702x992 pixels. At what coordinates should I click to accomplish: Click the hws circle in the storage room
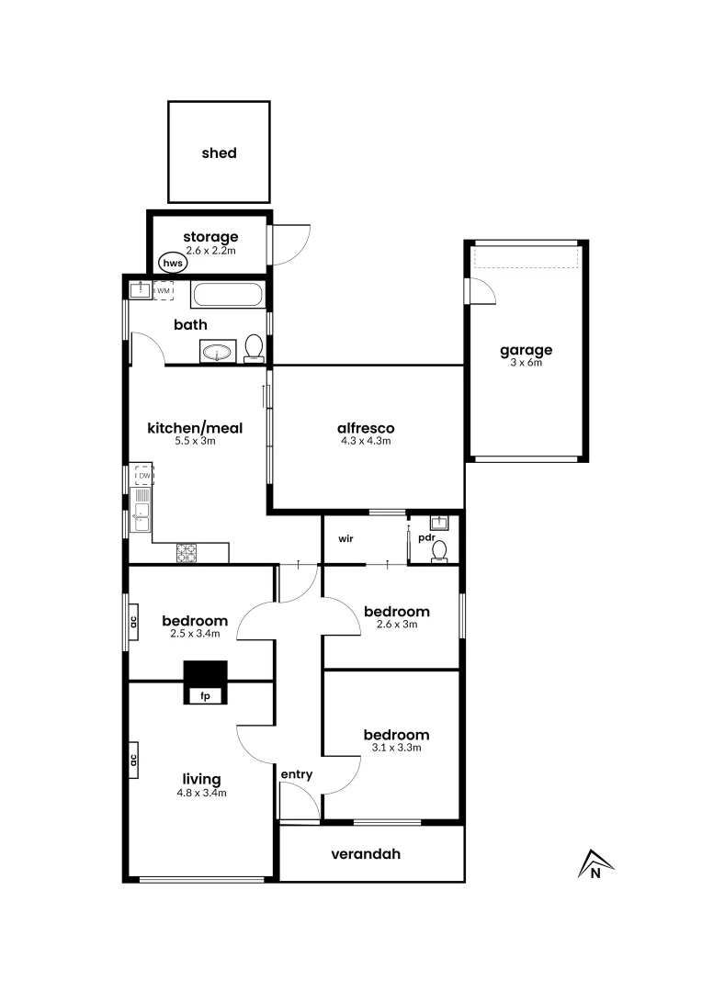pos(172,262)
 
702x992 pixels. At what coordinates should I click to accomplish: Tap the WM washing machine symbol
pos(164,291)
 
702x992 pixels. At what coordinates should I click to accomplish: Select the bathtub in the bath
pos(227,295)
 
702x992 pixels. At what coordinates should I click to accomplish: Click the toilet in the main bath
pos(254,348)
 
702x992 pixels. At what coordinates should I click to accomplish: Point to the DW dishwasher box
pos(143,475)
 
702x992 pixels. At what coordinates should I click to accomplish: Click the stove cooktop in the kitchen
pos(187,552)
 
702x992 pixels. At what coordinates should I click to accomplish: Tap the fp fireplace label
pos(205,696)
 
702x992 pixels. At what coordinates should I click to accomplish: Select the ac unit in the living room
pos(133,760)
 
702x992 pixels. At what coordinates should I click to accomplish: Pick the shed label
pos(219,153)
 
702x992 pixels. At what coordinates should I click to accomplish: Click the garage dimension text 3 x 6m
pos(526,363)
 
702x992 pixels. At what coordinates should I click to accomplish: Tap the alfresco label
pos(366,427)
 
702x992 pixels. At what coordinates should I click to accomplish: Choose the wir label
pos(346,538)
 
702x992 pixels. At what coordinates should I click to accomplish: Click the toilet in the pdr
pos(440,550)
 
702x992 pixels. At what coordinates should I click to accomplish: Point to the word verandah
pos(366,854)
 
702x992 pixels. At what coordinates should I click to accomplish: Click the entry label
pos(297,774)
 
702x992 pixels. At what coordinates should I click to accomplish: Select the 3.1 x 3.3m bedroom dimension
pos(396,748)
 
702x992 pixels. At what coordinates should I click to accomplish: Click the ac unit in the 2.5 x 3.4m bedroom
pos(133,621)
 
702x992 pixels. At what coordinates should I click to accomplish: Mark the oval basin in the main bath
pos(218,351)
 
